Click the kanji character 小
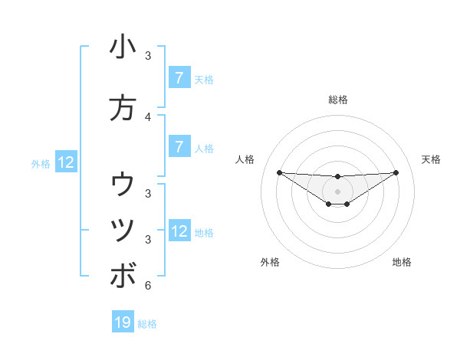[123, 47]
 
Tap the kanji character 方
[123, 108]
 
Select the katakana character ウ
[123, 184]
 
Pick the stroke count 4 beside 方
[148, 116]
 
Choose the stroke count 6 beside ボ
[148, 286]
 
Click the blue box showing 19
[123, 322]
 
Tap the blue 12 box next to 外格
[66, 162]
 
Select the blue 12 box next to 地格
[179, 231]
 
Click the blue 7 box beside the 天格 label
[179, 78]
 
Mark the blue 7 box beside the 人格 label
[179, 147]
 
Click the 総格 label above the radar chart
[338, 100]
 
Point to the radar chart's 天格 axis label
[432, 159]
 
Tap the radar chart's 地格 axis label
[402, 262]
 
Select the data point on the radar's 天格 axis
[396, 172]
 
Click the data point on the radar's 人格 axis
[279, 172]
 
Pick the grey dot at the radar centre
[337, 191]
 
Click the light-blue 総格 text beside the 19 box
[147, 324]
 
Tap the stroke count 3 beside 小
[148, 56]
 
